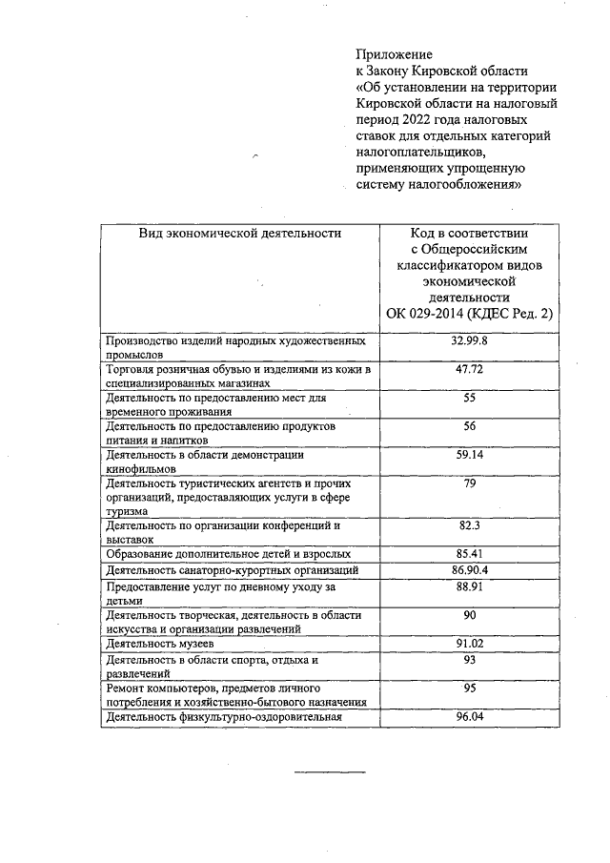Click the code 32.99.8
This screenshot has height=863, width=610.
coord(469,340)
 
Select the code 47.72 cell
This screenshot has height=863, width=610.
coord(469,368)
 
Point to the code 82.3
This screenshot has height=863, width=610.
coord(469,525)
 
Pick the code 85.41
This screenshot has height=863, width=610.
coord(469,553)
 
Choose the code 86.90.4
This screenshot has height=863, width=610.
coord(469,570)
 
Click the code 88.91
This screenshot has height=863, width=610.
coord(469,587)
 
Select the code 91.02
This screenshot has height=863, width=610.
coord(469,645)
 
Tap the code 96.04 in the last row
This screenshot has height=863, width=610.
coord(469,716)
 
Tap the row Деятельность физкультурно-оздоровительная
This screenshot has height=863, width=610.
coord(223,717)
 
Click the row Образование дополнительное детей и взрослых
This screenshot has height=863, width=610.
coord(228,554)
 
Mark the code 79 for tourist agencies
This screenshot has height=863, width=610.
coord(469,484)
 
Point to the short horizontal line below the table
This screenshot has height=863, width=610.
coord(322,770)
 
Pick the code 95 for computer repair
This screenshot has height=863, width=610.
coord(469,688)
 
